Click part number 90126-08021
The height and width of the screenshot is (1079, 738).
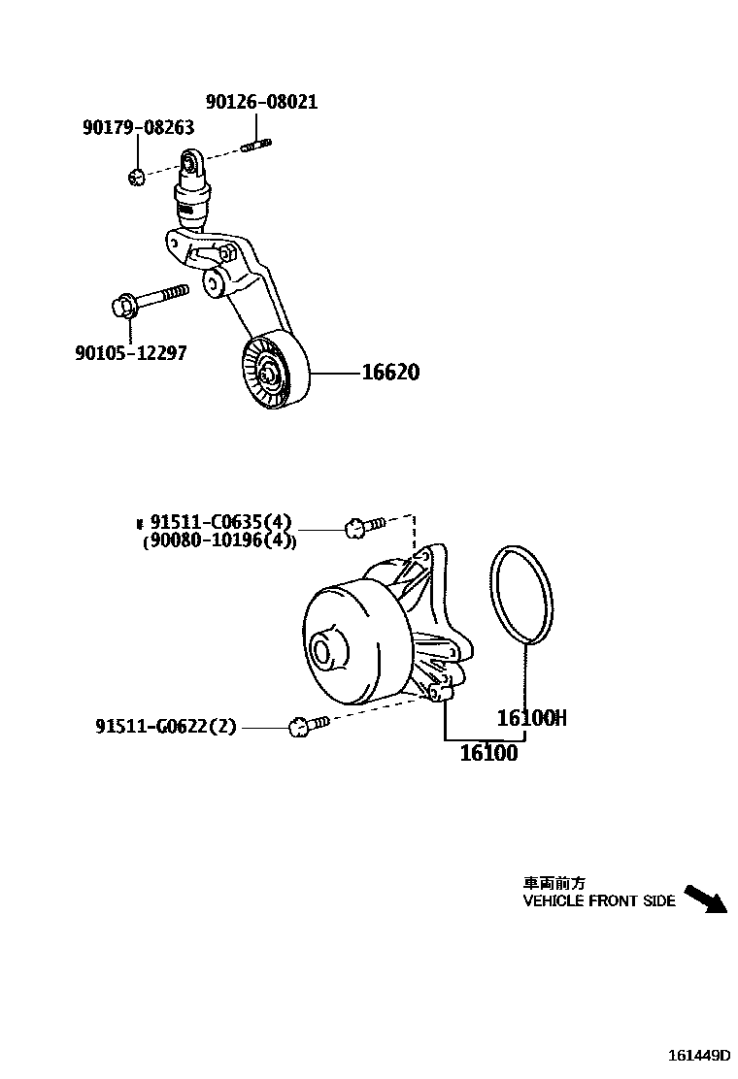[261, 102]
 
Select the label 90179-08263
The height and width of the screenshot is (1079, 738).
[138, 127]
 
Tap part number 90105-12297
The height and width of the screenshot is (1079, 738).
[130, 353]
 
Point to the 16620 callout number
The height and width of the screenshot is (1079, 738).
[391, 373]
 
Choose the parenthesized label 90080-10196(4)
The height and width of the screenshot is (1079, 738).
[219, 541]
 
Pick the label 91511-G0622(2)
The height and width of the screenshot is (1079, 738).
[166, 726]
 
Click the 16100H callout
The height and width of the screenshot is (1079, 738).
[531, 718]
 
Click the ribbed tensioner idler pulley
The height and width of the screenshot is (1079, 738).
[273, 375]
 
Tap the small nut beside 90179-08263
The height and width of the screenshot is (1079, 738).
[137, 176]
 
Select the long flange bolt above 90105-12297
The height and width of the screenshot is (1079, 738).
[149, 299]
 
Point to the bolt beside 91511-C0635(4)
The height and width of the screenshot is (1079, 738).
[364, 526]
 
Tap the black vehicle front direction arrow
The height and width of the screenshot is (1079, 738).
[705, 899]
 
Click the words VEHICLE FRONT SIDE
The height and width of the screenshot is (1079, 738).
[599, 901]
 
